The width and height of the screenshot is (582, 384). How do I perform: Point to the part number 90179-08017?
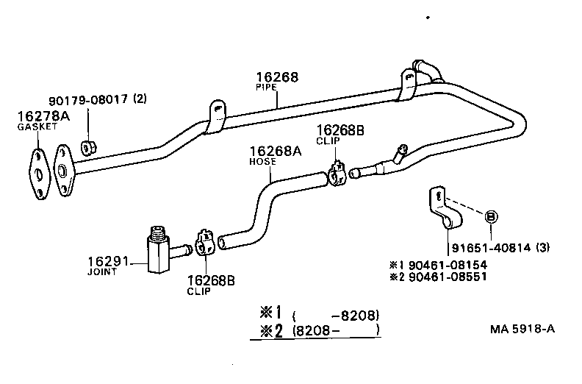pyautogui.click(x=89, y=100)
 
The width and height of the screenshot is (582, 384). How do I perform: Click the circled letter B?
pyautogui.click(x=491, y=216)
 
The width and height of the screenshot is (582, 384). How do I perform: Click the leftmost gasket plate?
pyautogui.click(x=36, y=174)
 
